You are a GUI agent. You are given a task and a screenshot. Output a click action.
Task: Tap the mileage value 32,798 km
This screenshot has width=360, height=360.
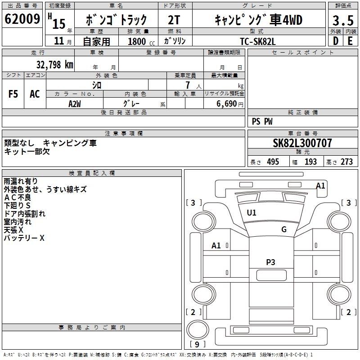tap(55, 64)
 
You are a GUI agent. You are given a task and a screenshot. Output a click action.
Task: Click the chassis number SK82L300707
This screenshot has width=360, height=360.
tap(302, 143)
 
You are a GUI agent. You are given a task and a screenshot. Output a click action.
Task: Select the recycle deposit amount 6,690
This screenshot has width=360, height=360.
tap(228, 103)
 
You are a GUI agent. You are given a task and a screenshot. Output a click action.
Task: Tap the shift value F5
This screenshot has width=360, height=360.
tap(13, 94)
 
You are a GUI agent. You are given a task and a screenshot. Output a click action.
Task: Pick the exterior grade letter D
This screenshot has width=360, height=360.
tap(335, 40)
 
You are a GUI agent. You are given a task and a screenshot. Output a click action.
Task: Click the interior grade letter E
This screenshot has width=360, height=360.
tap(350, 40)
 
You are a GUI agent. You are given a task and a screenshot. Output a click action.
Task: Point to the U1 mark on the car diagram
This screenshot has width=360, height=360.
tap(252, 213)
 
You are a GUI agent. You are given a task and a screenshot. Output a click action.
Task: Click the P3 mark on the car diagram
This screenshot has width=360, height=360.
tap(270, 262)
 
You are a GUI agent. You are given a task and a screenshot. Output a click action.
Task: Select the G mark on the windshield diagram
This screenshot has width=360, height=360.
tap(283, 229)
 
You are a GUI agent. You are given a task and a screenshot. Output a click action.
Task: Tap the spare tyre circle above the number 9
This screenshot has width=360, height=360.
tap(198, 330)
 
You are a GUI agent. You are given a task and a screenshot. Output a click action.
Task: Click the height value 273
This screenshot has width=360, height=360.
tap(346, 162)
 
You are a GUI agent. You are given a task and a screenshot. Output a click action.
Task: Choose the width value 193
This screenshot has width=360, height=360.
tap(310, 162)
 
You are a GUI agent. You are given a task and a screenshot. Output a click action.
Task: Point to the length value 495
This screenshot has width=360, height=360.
tap(272, 162)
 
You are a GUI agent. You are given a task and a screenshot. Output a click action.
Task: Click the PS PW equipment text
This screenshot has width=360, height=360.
tap(262, 121)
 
